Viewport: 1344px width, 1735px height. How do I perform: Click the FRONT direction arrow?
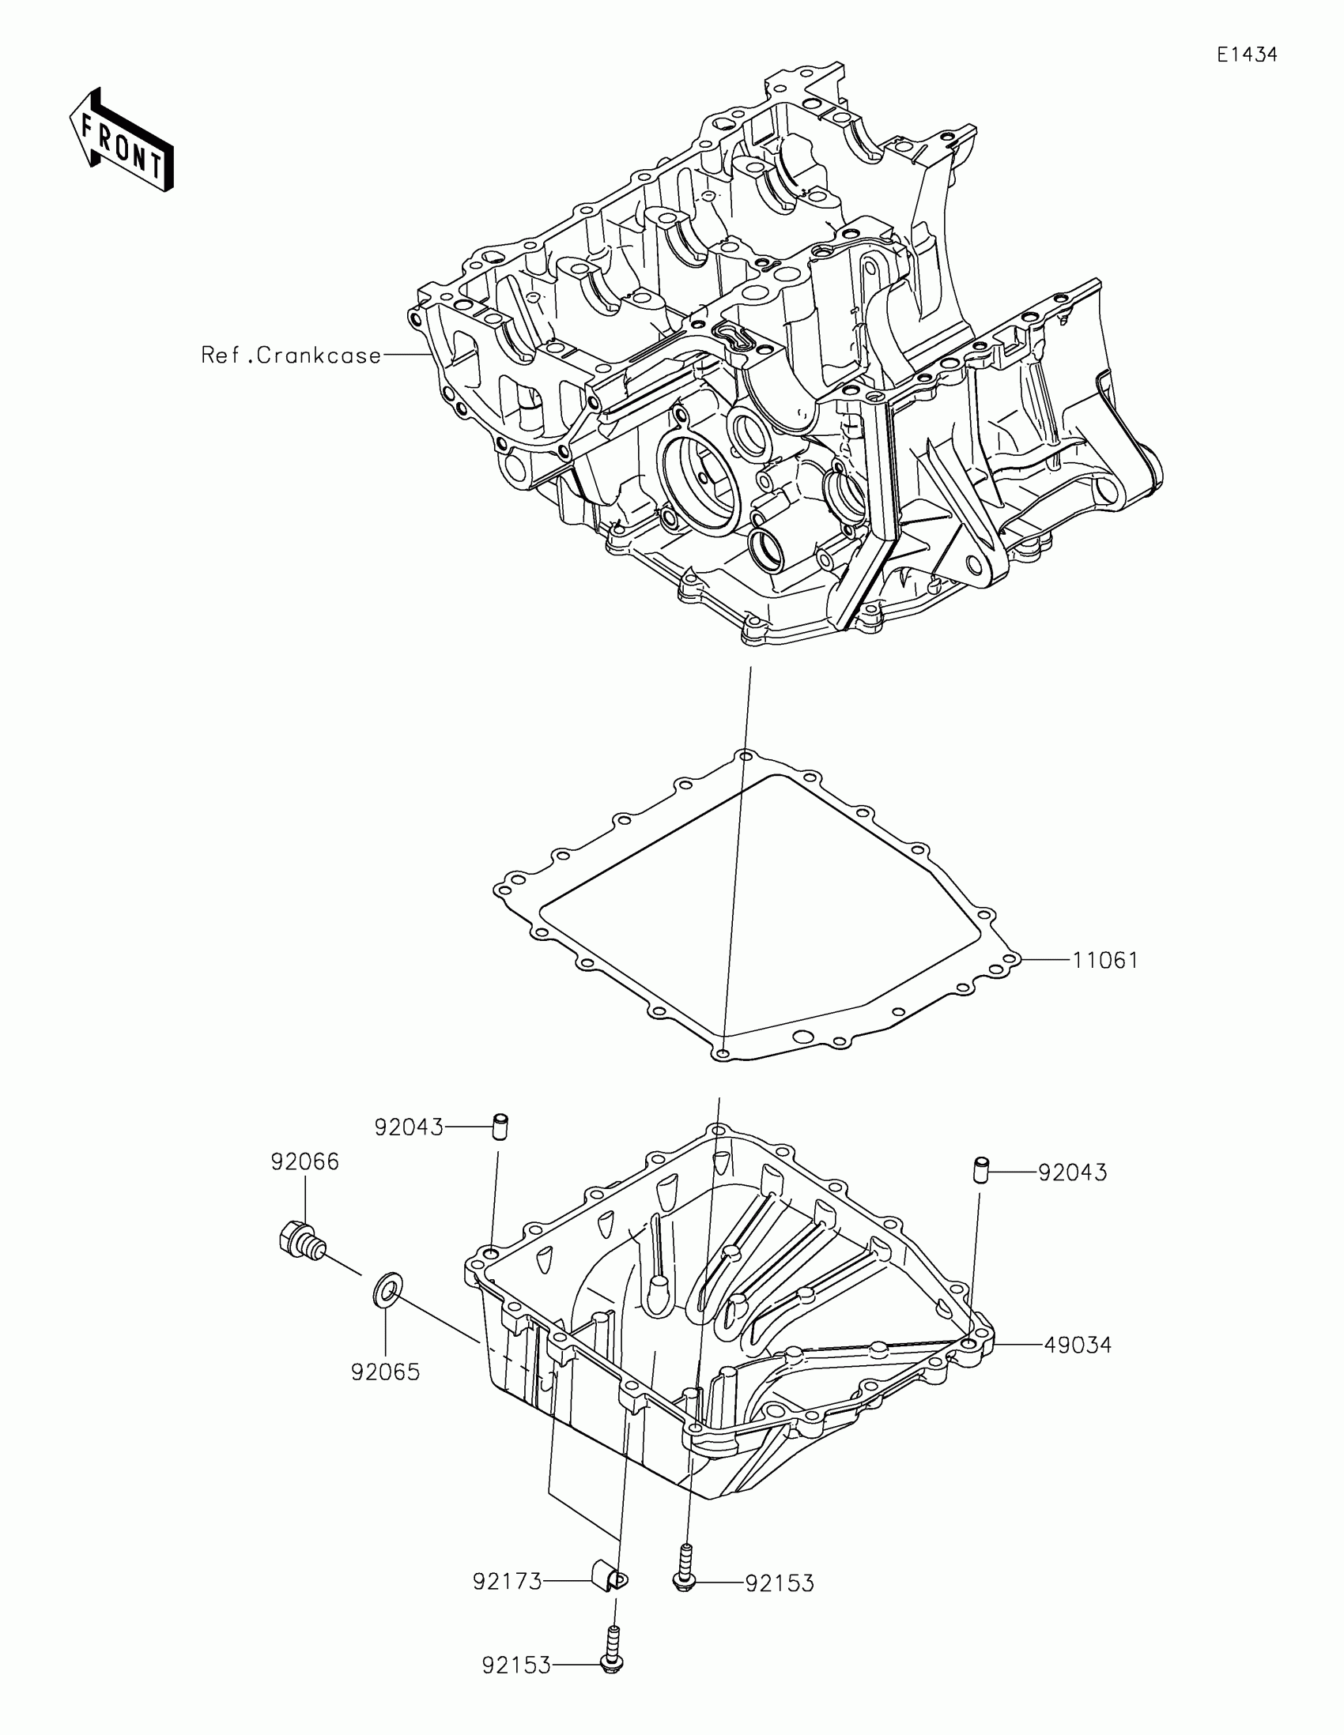[x=122, y=140]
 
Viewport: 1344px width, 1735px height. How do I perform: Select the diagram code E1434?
[x=1246, y=55]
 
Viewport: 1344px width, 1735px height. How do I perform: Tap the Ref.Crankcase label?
[x=291, y=355]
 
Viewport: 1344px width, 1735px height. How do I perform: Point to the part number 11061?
[x=1104, y=961]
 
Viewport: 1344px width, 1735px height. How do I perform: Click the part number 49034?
[x=1077, y=1345]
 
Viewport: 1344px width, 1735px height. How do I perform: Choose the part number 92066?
[x=304, y=1162]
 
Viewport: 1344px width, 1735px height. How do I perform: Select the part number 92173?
[x=507, y=1582]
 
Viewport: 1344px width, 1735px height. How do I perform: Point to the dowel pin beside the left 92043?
[x=500, y=1127]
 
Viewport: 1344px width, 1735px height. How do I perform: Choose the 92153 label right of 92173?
[x=780, y=1583]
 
